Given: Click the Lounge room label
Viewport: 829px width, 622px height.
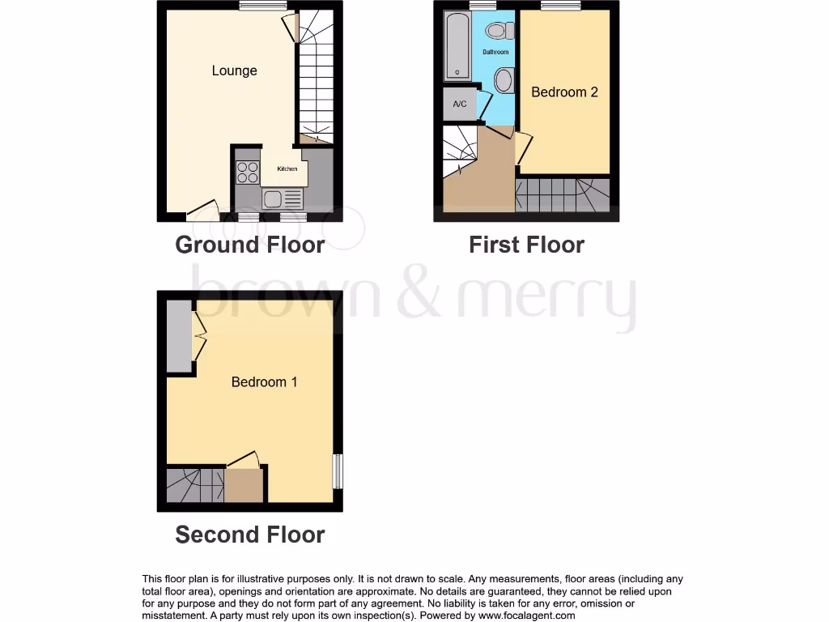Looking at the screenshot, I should [234, 70].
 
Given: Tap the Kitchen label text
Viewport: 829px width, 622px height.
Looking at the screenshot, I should [287, 168].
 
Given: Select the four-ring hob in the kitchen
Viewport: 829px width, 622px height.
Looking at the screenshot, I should [248, 173].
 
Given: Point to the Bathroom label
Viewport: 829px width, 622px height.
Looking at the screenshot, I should [495, 52].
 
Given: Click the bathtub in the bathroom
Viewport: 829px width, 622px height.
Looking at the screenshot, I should [457, 45].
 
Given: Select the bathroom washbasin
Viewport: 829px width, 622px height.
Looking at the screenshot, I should [504, 80].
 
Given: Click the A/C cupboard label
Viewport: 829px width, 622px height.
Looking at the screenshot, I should [460, 104].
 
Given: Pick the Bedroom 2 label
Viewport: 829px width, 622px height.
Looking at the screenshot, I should [564, 92].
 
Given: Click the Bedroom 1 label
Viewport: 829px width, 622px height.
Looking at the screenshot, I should [264, 381].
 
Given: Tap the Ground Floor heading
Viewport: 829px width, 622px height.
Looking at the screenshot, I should [249, 245].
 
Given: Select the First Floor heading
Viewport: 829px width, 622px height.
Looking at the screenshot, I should [526, 245].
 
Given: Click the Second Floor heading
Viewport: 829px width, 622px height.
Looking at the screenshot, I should [249, 535].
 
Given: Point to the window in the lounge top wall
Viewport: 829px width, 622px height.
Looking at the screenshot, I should [257, 6].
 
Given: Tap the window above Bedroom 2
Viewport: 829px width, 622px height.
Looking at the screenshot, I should [560, 6].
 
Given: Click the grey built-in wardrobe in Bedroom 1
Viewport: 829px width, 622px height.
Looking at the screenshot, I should [179, 336].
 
